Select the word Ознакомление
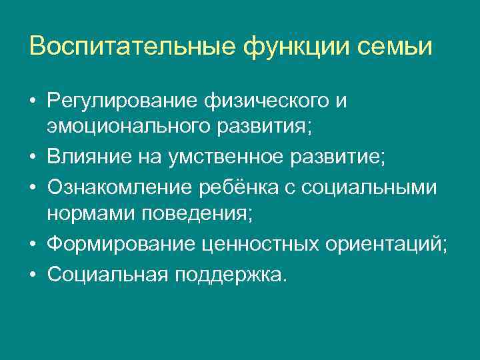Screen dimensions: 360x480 point(119,189)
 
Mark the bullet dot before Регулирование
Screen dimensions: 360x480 point(33,102)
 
